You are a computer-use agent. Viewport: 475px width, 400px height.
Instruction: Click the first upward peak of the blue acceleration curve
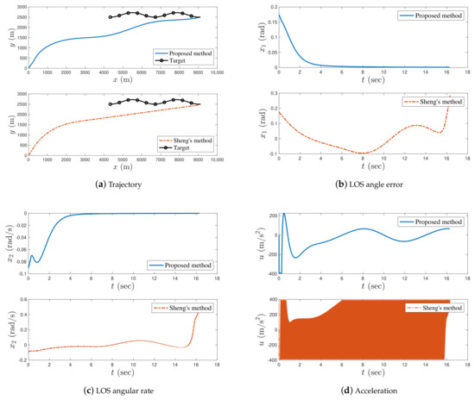click(x=284, y=214)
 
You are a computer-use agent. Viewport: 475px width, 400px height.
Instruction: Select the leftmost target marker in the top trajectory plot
click(x=111, y=16)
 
